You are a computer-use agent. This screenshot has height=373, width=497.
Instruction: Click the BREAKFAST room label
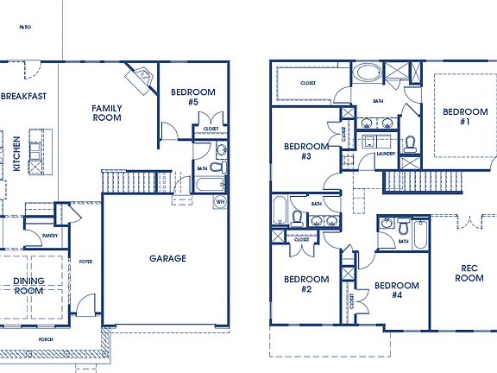(23, 96)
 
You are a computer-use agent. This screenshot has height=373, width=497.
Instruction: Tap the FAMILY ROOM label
(108, 113)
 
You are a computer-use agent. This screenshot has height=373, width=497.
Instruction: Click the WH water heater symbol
(220, 201)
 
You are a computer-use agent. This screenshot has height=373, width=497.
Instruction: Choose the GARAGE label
(167, 257)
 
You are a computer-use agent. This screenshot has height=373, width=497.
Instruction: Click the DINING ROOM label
(28, 286)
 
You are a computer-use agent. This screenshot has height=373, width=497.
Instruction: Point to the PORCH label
(45, 339)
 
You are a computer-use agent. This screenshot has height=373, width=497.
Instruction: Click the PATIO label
(26, 28)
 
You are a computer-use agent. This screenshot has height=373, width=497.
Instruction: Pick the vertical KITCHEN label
(16, 153)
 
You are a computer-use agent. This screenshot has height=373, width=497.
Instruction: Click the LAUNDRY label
(386, 154)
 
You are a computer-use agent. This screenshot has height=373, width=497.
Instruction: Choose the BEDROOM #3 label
(306, 151)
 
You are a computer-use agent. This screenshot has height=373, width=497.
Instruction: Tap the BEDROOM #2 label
(306, 284)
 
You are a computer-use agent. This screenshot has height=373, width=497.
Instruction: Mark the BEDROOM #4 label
(397, 290)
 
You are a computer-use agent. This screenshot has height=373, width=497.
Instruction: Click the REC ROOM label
(469, 273)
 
